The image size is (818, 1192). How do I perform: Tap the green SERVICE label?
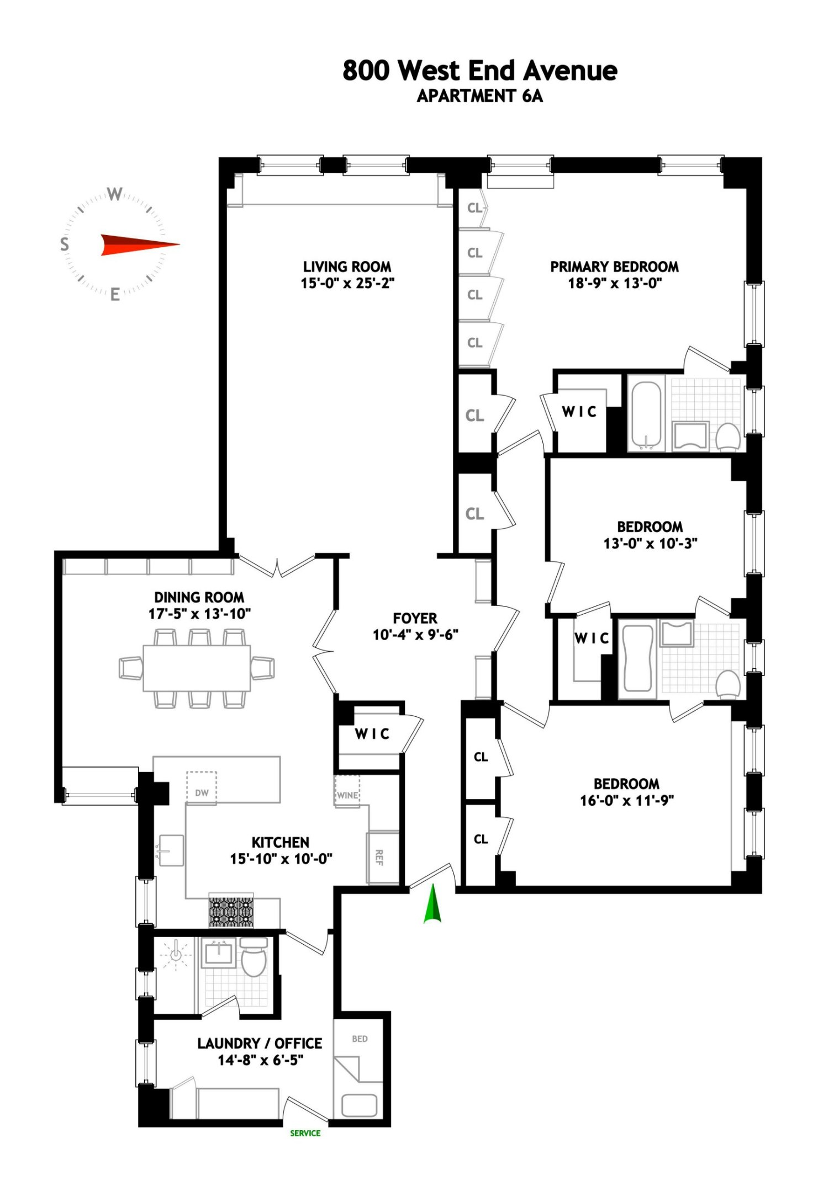305,1133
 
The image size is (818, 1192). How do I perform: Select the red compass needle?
138,244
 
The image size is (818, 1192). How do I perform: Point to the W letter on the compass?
114,194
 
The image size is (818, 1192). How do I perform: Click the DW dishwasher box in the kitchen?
202,789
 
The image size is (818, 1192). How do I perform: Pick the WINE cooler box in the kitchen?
347,792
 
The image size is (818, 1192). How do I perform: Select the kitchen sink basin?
171,850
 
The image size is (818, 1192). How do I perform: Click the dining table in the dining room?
197,668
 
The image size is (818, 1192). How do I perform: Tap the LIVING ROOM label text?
347,267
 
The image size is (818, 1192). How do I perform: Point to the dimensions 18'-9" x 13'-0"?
614,284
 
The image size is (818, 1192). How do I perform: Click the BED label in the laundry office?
360,1039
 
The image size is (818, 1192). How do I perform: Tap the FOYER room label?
415,618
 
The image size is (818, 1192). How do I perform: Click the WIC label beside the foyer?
372,734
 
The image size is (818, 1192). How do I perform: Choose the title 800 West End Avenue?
479,71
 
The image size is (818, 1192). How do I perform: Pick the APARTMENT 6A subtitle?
479,96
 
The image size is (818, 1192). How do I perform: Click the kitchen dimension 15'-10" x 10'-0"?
281,859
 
